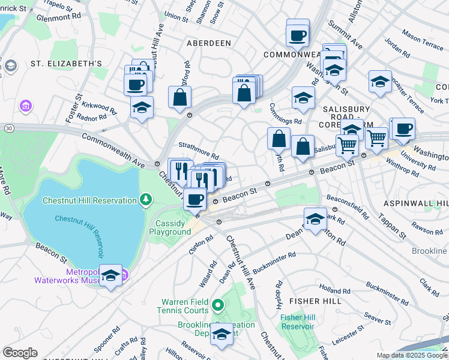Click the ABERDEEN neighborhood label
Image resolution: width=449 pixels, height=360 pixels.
[x=208, y=43]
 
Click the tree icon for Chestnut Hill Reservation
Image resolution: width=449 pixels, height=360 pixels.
[x=145, y=199]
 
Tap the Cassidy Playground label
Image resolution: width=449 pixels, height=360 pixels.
[x=170, y=227]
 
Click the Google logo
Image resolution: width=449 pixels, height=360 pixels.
[x=20, y=353]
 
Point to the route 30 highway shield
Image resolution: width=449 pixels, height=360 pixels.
[x=8, y=128]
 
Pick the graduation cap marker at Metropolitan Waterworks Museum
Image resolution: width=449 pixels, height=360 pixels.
[x=110, y=275]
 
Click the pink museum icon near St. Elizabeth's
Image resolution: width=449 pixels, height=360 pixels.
[x=25, y=107]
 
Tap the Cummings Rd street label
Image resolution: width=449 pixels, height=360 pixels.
[x=285, y=121]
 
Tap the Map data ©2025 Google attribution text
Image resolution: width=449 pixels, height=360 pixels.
[x=412, y=355]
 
